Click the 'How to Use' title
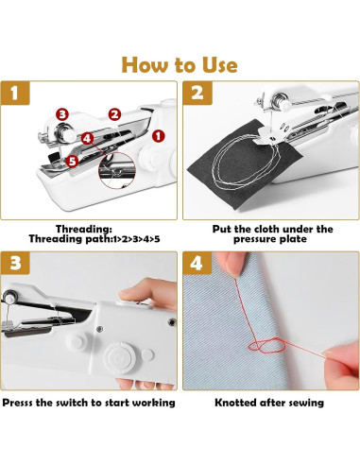click(180, 65)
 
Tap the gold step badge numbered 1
click(15, 93)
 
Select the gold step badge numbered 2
click(197, 93)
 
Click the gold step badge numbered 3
click(15, 263)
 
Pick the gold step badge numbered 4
click(197, 263)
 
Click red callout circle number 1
click(158, 136)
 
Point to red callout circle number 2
click(114, 114)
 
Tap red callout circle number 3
click(62, 114)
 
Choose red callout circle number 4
click(87, 138)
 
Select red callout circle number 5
click(72, 161)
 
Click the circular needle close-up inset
click(117, 170)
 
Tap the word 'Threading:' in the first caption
click(84, 229)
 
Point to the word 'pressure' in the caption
click(253, 239)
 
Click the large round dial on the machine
click(119, 358)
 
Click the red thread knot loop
click(267, 345)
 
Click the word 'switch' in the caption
click(74, 403)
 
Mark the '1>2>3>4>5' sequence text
click(136, 239)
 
